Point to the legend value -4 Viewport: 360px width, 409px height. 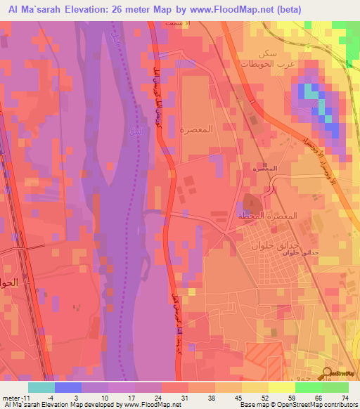(x=61, y=396)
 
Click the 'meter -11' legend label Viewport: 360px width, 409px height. (x=15, y=396)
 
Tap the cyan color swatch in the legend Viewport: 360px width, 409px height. (x=41, y=387)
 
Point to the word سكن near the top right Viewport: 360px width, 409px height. (x=266, y=53)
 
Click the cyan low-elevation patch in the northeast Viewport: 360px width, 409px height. (x=309, y=92)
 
